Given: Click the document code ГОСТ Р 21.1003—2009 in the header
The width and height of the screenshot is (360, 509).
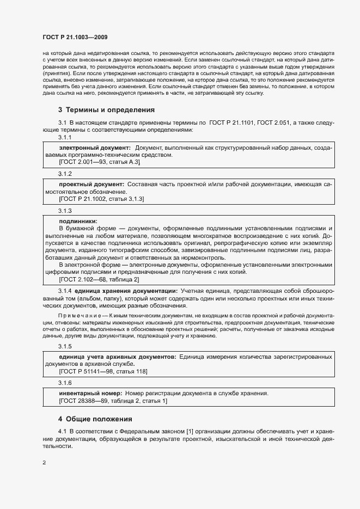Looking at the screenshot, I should [x=75, y=38].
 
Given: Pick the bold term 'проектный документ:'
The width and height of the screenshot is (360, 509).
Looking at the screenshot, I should [x=91, y=186].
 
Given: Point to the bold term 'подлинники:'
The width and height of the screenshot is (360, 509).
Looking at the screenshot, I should [x=78, y=221].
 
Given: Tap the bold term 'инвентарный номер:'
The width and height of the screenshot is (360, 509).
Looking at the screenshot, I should [x=90, y=393].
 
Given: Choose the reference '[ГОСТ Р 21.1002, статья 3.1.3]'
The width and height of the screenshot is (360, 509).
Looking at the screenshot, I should [x=101, y=200].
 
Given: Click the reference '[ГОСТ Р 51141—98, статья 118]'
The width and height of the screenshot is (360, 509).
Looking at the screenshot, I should [x=103, y=371].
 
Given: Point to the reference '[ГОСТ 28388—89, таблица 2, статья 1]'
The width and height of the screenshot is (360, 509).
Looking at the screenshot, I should [x=113, y=401].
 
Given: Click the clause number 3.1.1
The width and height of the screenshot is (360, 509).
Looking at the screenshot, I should [x=65, y=137].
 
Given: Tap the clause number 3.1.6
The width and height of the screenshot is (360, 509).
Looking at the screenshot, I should [x=65, y=383].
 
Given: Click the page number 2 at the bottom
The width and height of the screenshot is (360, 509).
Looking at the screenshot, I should [x=44, y=463].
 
